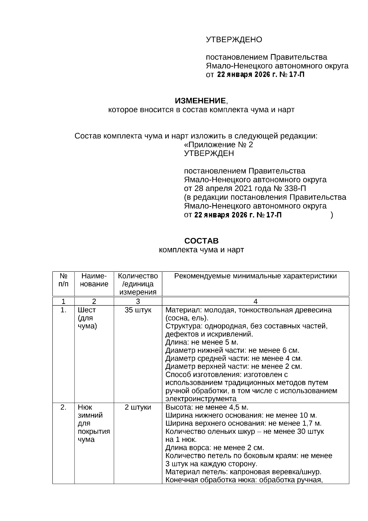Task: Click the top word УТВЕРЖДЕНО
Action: coord(234,40)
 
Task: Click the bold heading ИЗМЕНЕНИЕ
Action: coord(200,101)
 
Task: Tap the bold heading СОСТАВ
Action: coord(201,241)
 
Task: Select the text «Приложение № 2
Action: coord(218,145)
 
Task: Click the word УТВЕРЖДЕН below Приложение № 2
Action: coord(209,154)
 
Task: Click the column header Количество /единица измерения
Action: coord(138,284)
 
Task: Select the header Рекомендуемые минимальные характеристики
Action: coord(255,276)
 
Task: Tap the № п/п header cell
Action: coord(63,280)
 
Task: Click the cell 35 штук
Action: coord(138,310)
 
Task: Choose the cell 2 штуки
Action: coord(138,407)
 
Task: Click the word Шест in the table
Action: coord(87,310)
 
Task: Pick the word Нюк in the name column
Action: coord(85,407)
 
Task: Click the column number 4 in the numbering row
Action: coord(255,301)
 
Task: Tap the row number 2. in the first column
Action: coord(63,407)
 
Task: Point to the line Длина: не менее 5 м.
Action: coord(202,342)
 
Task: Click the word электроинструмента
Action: coord(201,399)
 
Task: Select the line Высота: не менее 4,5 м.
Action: coord(207,407)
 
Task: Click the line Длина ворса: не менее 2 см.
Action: coord(215,448)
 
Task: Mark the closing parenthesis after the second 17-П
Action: coord(332,215)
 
